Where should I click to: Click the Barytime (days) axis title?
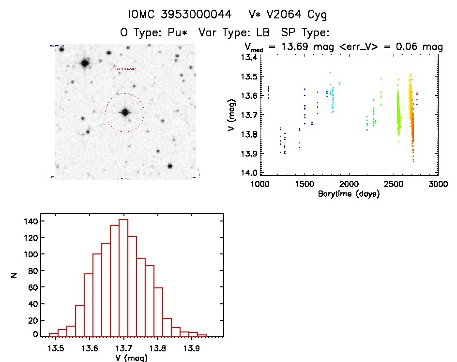[349, 194]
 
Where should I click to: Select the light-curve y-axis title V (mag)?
[234, 115]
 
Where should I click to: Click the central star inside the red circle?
[125, 112]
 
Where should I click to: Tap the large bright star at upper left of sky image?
[85, 63]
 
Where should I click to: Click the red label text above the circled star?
[125, 70]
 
